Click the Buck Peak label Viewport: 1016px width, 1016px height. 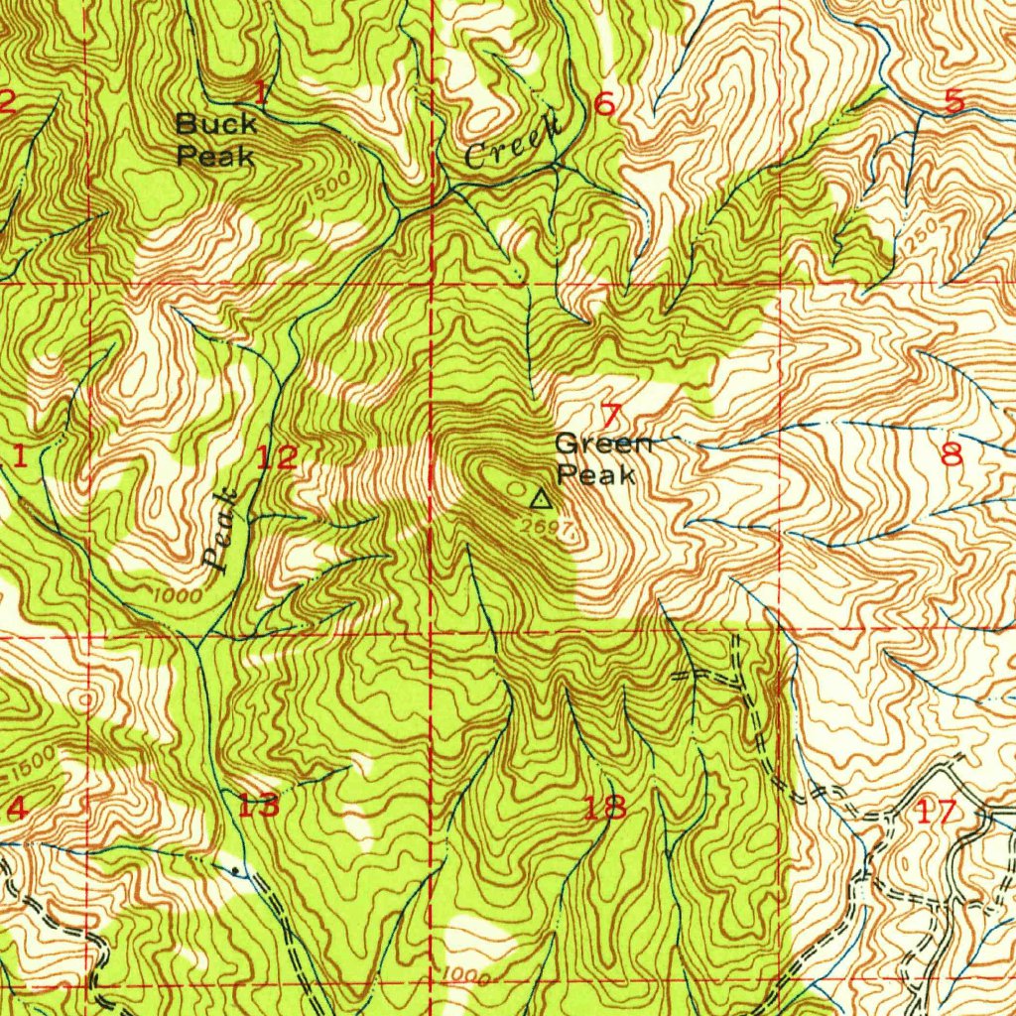click(x=216, y=140)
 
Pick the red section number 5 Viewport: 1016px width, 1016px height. click(x=953, y=101)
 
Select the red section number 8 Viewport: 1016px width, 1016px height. click(x=952, y=455)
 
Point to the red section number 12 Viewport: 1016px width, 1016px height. click(x=275, y=458)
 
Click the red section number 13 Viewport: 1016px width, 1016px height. click(x=258, y=806)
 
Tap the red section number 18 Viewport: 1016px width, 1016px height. click(x=605, y=808)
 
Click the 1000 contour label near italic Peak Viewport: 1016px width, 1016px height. click(x=179, y=595)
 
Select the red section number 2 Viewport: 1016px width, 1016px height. click(x=6, y=101)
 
